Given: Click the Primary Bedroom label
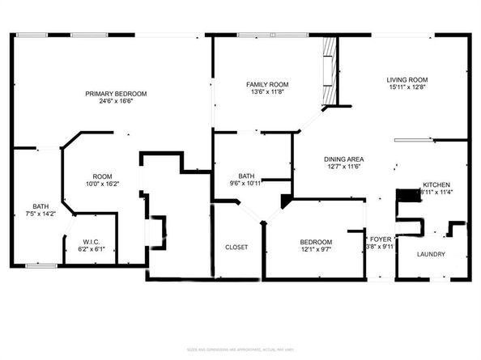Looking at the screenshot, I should (x=111, y=94).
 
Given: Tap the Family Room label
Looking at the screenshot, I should (x=267, y=84).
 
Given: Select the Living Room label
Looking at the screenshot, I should (x=406, y=79).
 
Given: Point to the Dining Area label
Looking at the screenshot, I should (x=343, y=159).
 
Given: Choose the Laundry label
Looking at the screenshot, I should (x=431, y=255).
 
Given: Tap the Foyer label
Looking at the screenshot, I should (x=380, y=239).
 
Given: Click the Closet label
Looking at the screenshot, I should (x=236, y=247).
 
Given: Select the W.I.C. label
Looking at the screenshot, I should (x=91, y=240).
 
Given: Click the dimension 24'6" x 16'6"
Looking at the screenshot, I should (x=111, y=102).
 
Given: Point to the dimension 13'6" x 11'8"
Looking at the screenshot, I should (x=267, y=92).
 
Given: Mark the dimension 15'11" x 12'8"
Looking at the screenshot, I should (x=406, y=87).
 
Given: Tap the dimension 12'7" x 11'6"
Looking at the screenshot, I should (x=343, y=167).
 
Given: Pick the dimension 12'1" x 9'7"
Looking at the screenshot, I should (x=316, y=250).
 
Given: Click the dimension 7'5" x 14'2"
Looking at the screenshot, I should (x=40, y=214).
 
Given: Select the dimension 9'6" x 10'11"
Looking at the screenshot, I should (x=246, y=184).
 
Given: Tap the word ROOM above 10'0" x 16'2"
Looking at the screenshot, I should (x=102, y=176).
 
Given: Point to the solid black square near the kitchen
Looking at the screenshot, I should (x=404, y=196).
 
